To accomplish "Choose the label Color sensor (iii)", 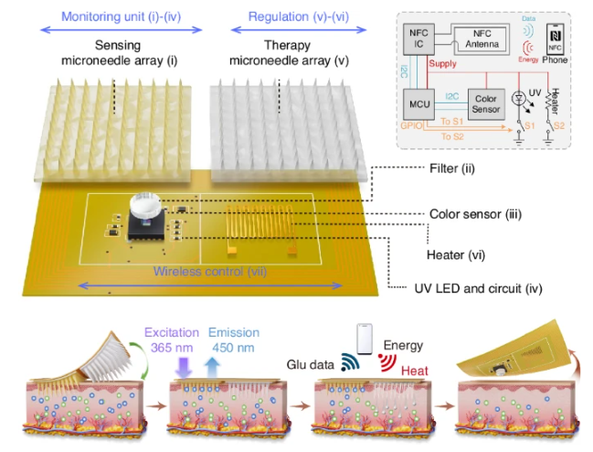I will tap(475, 215).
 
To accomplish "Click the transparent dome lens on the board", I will tap(143, 206).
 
